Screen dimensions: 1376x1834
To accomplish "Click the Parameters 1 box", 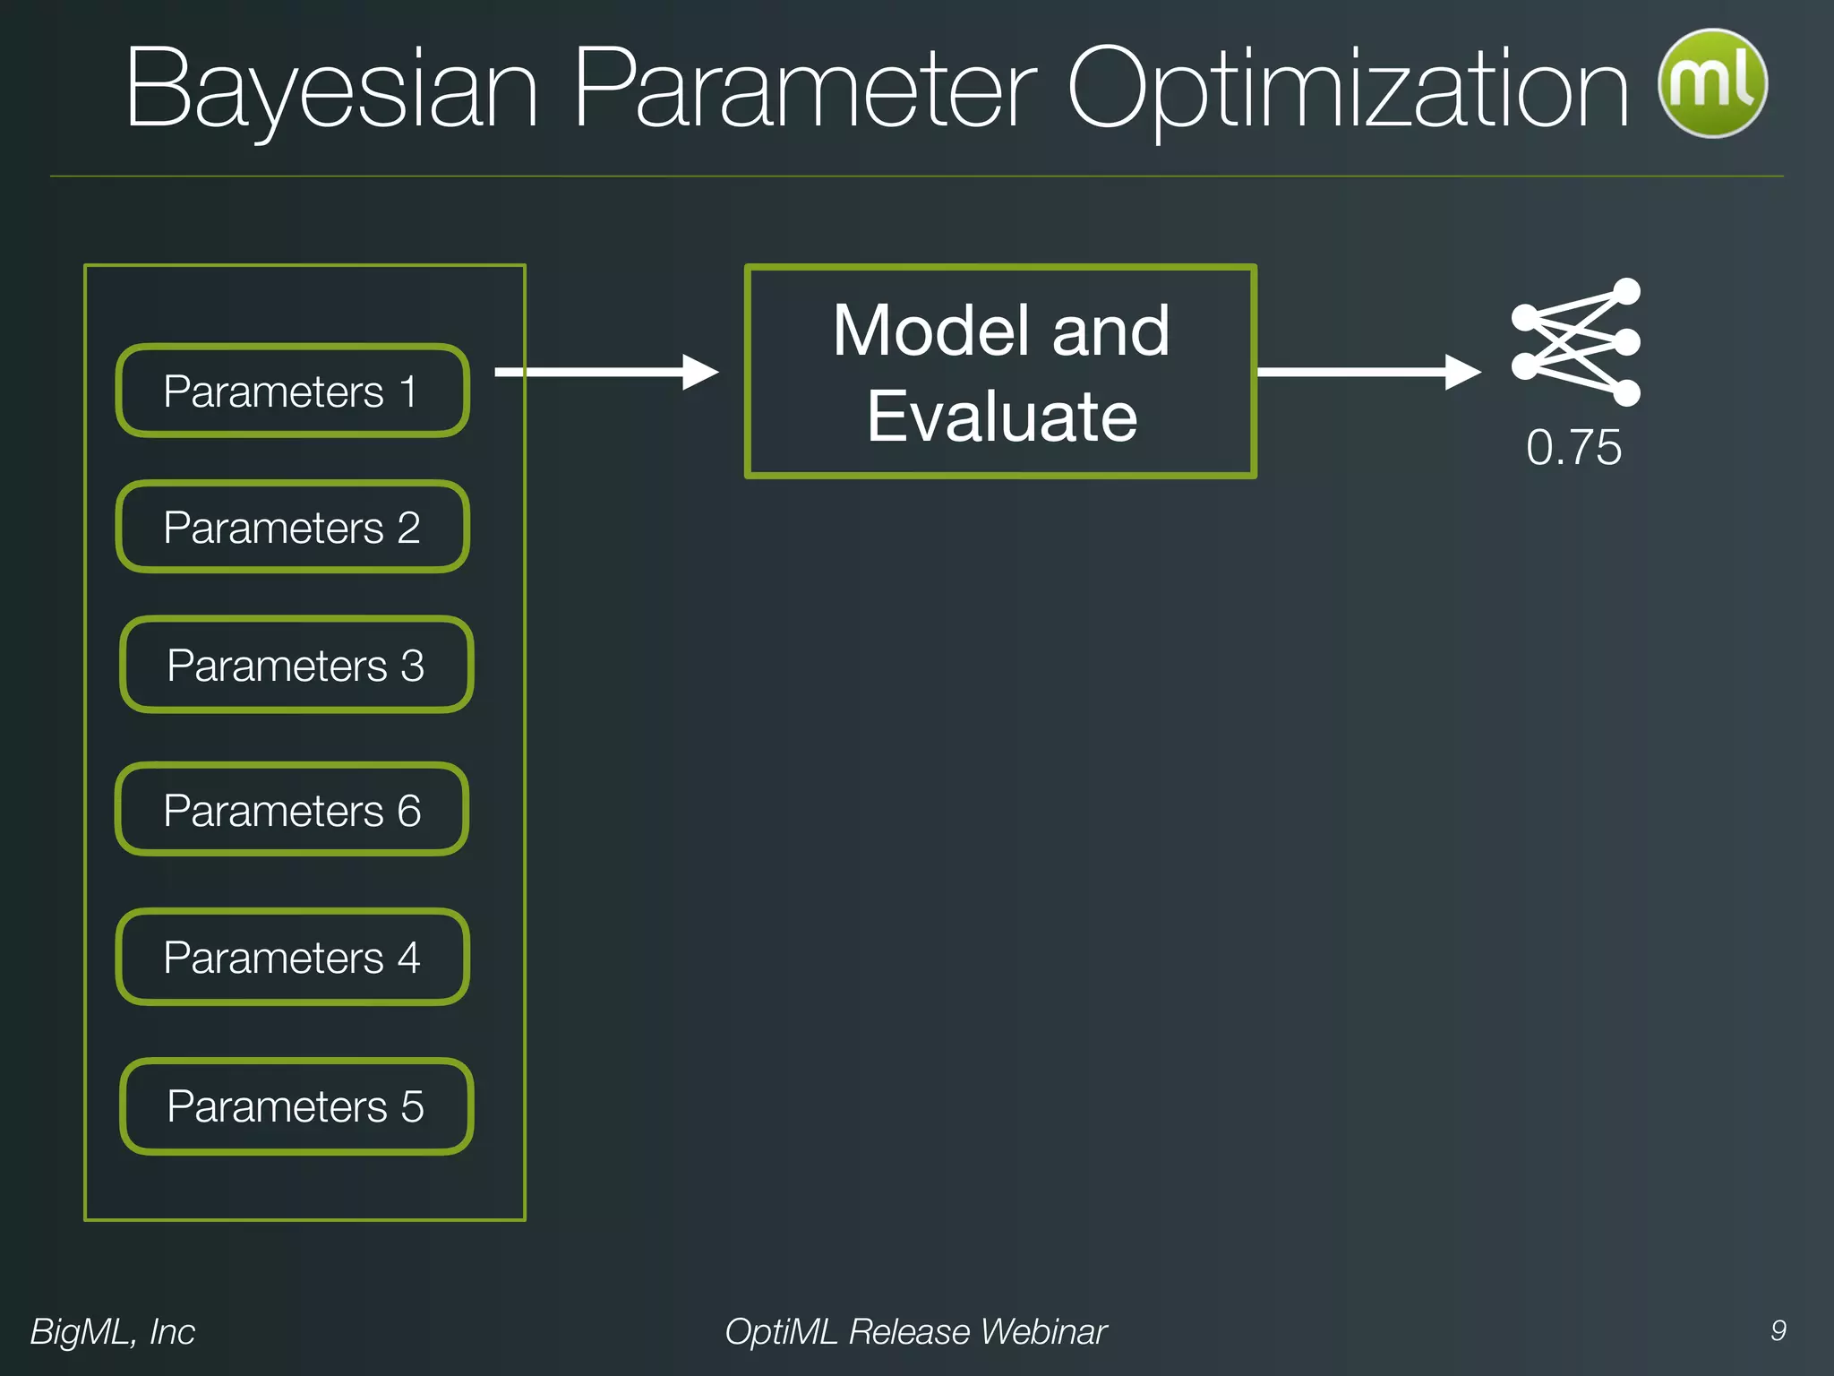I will pos(292,391).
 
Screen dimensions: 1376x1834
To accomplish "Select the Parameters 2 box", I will pos(292,527).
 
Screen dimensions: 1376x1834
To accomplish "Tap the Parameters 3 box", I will pos(296,665).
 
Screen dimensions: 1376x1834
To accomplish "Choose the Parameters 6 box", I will pos(292,810).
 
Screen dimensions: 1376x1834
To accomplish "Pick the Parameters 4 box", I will pos(292,957).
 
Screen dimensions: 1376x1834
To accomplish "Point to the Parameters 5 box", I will pos(296,1106).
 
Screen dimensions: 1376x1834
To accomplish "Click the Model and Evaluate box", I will pos(1000,372).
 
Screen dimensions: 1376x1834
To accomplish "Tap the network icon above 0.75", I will pos(1575,342).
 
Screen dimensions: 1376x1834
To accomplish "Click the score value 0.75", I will pos(1573,447).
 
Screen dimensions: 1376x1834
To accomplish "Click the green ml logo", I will pos(1712,83).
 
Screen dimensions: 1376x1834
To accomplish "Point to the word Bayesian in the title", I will pos(331,90).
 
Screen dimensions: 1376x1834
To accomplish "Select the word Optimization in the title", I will pos(1348,90).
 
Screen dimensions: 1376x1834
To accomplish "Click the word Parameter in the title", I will pos(803,90).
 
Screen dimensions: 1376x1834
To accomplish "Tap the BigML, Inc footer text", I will pos(113,1331).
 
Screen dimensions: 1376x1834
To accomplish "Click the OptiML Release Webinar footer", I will pos(915,1331).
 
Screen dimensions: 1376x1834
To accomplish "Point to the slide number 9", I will pos(1778,1330).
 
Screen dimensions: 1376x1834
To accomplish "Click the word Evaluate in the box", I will pos(1001,417).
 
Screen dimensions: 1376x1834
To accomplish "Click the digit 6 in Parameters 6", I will pos(409,811).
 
